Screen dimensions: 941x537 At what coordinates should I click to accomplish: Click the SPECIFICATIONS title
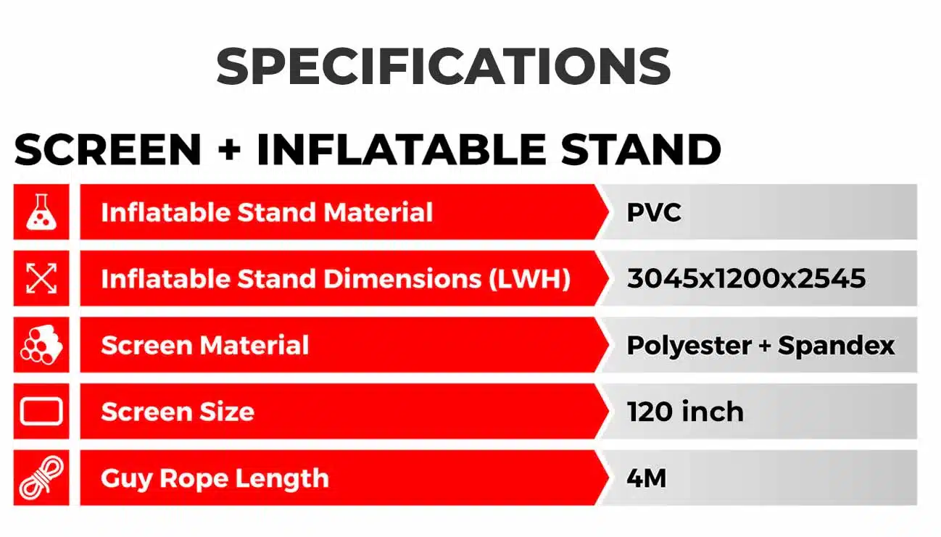443,66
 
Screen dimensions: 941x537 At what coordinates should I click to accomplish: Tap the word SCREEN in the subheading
108,149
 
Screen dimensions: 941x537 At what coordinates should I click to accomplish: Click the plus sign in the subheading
229,150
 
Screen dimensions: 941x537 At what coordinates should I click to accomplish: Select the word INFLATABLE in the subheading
401,149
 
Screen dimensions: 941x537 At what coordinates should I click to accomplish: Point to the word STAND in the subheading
641,149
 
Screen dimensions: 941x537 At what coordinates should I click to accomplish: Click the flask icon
41,212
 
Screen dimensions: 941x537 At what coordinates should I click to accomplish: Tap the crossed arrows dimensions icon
41,278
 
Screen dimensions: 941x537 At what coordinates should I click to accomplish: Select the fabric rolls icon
41,345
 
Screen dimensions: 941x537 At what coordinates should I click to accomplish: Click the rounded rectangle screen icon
41,411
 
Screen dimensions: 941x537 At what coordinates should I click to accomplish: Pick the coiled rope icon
41,478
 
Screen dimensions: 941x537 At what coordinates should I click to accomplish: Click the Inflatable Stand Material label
267,212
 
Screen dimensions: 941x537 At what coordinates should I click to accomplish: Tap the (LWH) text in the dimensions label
529,278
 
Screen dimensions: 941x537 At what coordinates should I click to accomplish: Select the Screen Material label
205,345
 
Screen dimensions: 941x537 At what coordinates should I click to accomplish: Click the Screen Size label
178,412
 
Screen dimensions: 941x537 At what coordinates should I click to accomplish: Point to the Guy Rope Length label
215,478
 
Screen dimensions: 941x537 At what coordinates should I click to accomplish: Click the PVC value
654,212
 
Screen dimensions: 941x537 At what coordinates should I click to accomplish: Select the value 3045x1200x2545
746,278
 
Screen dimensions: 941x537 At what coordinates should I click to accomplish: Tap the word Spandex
836,346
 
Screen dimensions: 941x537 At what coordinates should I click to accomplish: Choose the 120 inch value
685,412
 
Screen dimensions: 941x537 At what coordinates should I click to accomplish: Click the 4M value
647,478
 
